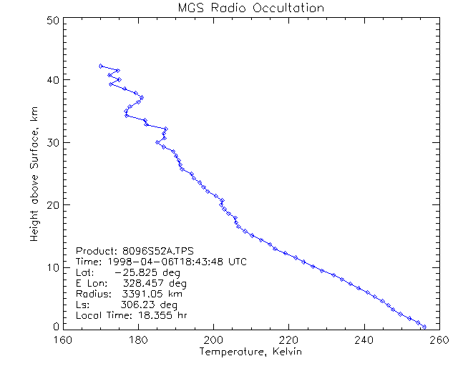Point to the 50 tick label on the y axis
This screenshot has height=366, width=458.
(52, 21)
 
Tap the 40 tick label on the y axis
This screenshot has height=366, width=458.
(52, 79)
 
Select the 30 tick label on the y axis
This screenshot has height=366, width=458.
(52, 142)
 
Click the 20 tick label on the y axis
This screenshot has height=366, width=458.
(52, 205)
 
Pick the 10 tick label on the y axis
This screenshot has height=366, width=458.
(52, 267)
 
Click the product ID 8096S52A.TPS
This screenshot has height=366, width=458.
(158, 251)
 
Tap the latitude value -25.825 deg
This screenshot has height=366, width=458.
(145, 272)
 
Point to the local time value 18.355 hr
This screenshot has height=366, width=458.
(159, 315)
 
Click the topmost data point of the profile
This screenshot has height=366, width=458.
(101, 66)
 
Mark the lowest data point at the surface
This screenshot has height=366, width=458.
(424, 327)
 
